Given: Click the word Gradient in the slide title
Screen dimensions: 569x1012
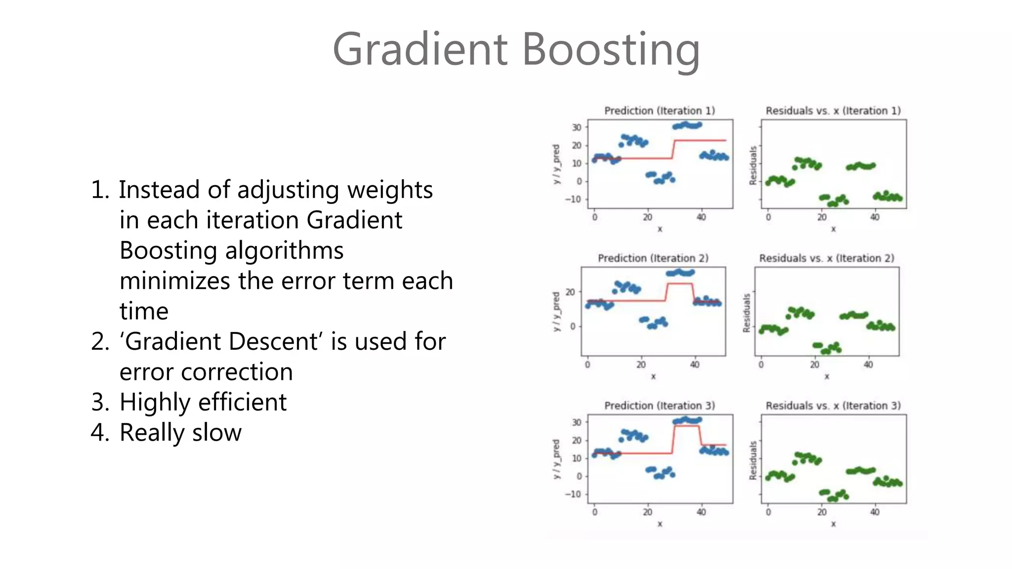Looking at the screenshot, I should coord(420,49).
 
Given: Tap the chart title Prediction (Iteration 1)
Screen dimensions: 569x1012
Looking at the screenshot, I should coord(660,111).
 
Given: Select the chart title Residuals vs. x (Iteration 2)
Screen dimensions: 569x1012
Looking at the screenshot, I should coord(827,258).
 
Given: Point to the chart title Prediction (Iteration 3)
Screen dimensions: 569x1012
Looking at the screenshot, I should coord(660,406).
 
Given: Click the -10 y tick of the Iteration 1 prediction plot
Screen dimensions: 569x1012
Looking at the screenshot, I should coord(573,200).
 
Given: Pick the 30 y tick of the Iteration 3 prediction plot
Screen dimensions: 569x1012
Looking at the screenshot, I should coord(576,422).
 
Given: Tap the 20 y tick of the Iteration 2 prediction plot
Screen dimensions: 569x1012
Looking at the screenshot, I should coord(570,292).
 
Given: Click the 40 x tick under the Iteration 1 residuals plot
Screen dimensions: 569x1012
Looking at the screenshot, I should coord(875,217).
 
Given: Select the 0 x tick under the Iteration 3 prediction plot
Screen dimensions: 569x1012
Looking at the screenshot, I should coord(594,512).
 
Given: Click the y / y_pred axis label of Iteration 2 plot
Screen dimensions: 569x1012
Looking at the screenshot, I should coord(556,311).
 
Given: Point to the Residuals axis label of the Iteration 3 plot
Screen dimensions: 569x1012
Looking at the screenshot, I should coord(753,460).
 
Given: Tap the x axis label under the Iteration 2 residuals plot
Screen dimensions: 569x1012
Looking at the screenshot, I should coord(827,376).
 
